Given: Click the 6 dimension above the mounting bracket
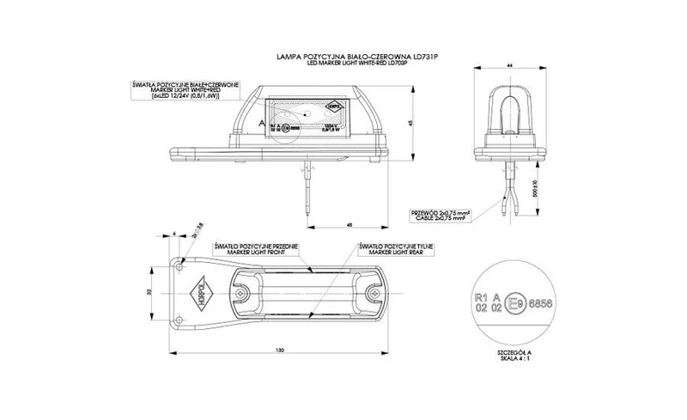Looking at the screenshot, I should pyautogui.click(x=174, y=234).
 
